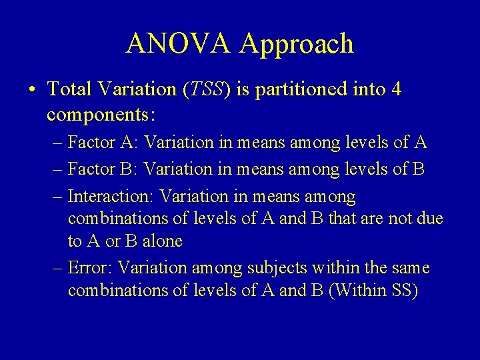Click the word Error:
tap(92, 268)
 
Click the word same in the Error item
tap(411, 268)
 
